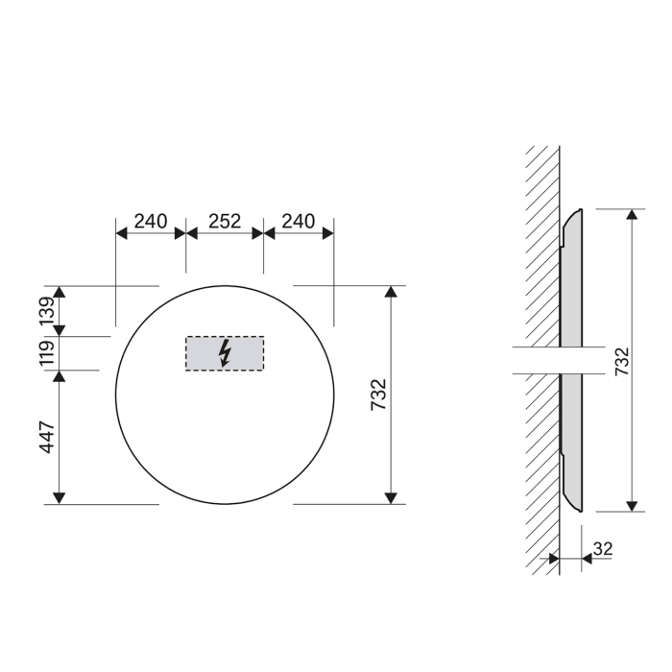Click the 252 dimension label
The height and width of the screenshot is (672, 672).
coord(224,221)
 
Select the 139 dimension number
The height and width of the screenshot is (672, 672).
coord(44,310)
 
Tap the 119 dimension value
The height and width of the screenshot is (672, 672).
coord(44,352)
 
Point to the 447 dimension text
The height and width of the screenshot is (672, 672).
coord(44,436)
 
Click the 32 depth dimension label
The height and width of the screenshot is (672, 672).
coord(603,548)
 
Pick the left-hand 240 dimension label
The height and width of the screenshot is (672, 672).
coord(150,221)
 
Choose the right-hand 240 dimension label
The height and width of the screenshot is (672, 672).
coord(299,221)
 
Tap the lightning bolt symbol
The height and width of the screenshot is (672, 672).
coord(225,353)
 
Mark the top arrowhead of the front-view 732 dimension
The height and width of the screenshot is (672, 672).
coord(391,293)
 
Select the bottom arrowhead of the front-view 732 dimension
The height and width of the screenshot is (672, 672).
coord(391,496)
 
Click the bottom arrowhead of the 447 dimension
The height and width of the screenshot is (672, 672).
coord(60,496)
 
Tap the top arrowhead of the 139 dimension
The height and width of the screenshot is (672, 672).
coord(60,293)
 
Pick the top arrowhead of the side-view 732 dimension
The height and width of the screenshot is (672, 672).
coord(631,215)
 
